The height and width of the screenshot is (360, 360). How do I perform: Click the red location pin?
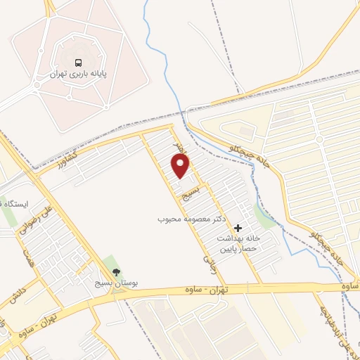pos(181,166)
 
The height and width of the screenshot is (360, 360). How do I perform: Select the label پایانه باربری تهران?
pos(78,73)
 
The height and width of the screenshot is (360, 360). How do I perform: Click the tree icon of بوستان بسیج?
pos(116,272)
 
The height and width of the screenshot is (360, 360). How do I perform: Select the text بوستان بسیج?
pos(116,284)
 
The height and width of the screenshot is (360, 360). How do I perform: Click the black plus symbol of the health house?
pos(238,228)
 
